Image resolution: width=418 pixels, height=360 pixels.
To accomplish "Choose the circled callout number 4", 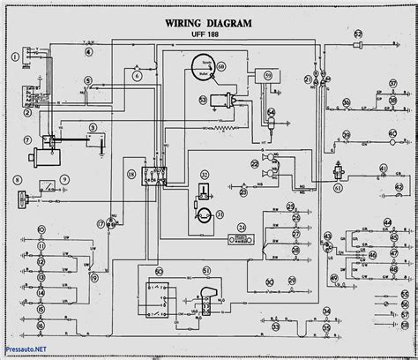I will coord(88,53).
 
